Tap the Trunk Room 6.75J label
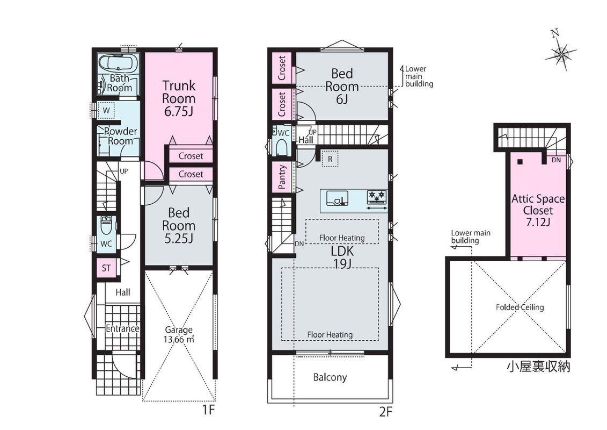(x=179, y=98)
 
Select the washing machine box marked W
(x=106, y=111)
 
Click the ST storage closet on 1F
(x=106, y=268)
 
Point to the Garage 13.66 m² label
(x=179, y=335)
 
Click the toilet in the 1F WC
(x=106, y=225)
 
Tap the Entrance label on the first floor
(x=122, y=328)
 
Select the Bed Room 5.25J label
(x=179, y=225)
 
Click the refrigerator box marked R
(x=330, y=159)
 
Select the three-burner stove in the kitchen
(x=377, y=197)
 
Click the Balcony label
(x=330, y=377)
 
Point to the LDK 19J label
(x=342, y=257)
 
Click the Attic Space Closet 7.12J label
(x=538, y=210)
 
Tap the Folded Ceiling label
(x=520, y=307)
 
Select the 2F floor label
(x=385, y=411)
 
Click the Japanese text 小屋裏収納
(x=538, y=367)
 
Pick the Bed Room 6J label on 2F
(x=342, y=86)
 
